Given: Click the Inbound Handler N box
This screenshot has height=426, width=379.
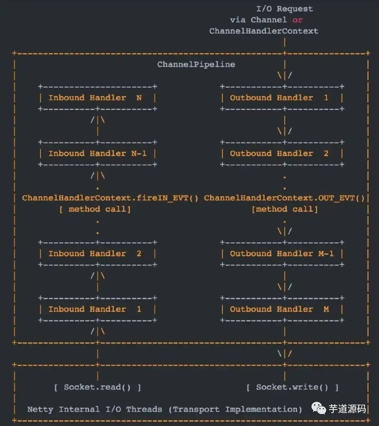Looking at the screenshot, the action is tap(98, 98).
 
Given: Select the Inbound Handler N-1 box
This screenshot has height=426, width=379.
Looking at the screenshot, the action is tap(98, 154).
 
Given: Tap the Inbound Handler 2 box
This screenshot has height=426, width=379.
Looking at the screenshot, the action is tap(98, 253).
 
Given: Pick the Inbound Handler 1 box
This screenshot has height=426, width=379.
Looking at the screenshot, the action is tap(98, 309).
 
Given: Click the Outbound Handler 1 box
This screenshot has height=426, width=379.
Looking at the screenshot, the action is tap(282, 98).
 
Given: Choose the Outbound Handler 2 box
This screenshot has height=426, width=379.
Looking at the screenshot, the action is tap(282, 154).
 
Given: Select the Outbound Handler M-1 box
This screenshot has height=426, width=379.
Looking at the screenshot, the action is tap(282, 253).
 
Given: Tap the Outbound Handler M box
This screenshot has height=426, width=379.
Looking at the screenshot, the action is tap(282, 309).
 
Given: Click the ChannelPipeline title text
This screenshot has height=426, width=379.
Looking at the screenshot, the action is tap(196, 65).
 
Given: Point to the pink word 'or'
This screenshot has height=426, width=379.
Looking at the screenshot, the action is tap(297, 20).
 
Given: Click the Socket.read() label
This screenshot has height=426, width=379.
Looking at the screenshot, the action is tap(97, 387).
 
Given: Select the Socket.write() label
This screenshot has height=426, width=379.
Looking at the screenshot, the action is tap(292, 387).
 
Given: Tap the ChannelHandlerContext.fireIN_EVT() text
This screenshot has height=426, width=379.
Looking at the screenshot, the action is tap(110, 198).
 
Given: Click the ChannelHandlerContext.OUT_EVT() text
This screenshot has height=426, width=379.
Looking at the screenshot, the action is tap(284, 198).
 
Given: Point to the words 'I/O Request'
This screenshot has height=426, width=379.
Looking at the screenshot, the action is tap(284, 9).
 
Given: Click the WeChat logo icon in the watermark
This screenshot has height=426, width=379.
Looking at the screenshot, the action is tap(319, 408).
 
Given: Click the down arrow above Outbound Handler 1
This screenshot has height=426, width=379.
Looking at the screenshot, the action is tap(285, 75).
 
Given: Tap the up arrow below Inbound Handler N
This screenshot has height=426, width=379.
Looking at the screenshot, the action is tap(98, 120).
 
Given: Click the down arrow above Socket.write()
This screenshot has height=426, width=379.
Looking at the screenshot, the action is tap(285, 354).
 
